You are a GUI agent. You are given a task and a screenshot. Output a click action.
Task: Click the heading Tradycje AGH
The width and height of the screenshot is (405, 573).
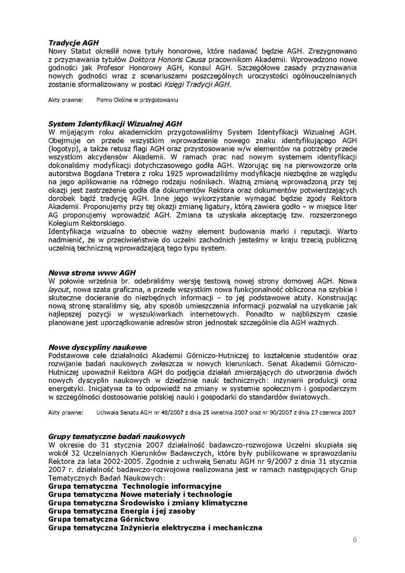73,43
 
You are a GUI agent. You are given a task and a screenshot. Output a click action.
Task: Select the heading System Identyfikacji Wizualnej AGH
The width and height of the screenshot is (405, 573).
115,124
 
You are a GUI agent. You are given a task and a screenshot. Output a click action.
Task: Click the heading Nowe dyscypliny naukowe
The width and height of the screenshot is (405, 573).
97,347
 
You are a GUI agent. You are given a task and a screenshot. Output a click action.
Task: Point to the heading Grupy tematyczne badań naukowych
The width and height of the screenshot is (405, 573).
116,436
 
